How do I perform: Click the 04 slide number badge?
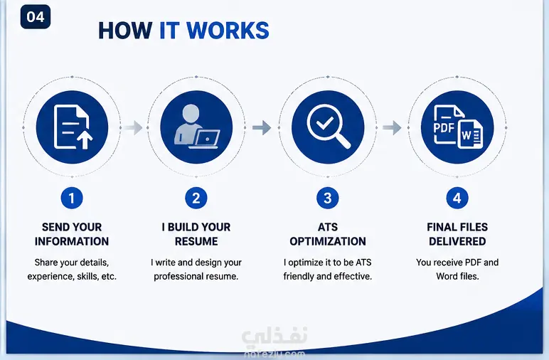pos(36,17)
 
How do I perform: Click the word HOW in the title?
pos(125,31)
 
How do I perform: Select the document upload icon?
pos(72,127)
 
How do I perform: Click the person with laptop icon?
pos(196,127)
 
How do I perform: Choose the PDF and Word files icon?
pos(457,127)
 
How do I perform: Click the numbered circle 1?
pos(72,198)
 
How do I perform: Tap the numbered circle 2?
pos(196,198)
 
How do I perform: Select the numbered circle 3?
pos(327,198)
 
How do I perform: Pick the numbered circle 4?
pos(457,198)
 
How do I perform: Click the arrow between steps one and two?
pos(134,127)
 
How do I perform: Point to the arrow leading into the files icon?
pos(392,127)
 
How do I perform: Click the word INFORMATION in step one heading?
pos(72,241)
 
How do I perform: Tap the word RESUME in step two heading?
pos(196,241)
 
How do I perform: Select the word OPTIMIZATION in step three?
pos(328,241)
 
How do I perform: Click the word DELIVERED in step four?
pos(457,241)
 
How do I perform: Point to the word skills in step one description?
pos(87,276)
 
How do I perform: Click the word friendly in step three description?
pos(299,276)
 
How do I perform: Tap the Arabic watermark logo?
pos(274,336)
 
